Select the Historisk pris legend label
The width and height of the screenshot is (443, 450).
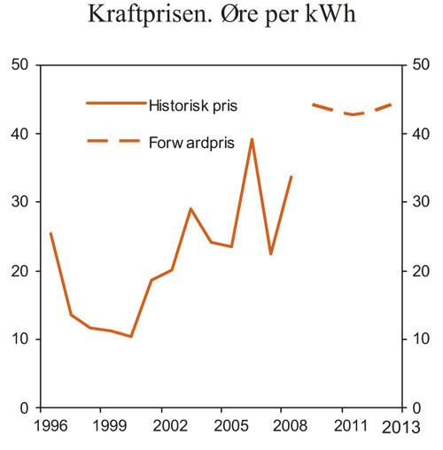pyautogui.click(x=193, y=105)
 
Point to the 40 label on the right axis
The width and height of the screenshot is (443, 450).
pyautogui.click(x=419, y=134)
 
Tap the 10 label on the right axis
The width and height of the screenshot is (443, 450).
pyautogui.click(x=419, y=339)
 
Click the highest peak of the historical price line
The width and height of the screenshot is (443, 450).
pyautogui.click(x=252, y=139)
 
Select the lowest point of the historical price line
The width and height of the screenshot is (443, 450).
pyautogui.click(x=131, y=337)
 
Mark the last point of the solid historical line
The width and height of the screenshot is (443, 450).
pyautogui.click(x=291, y=176)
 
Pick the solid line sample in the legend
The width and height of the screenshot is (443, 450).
pyautogui.click(x=115, y=104)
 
